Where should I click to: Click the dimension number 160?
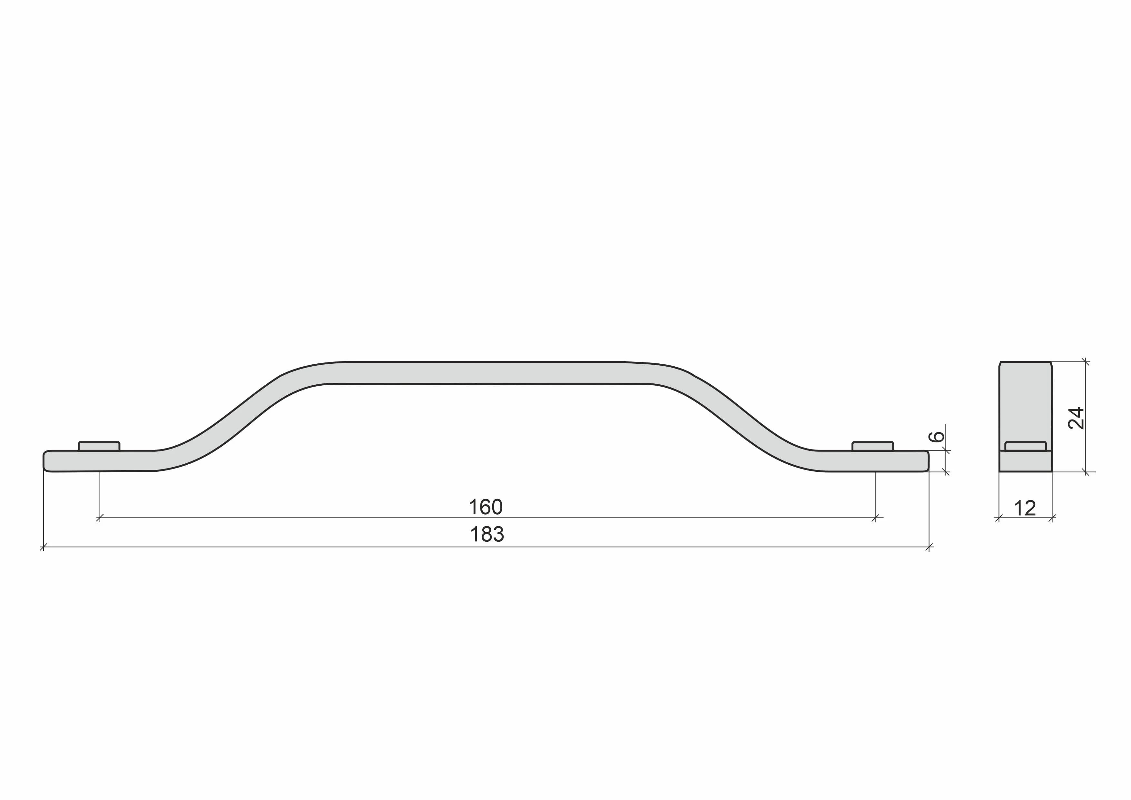point(485,507)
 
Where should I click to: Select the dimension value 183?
point(487,535)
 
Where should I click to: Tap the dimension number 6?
point(936,437)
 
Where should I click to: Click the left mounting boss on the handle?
point(99,446)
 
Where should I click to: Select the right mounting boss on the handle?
point(873,446)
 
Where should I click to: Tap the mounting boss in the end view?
point(1026,446)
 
